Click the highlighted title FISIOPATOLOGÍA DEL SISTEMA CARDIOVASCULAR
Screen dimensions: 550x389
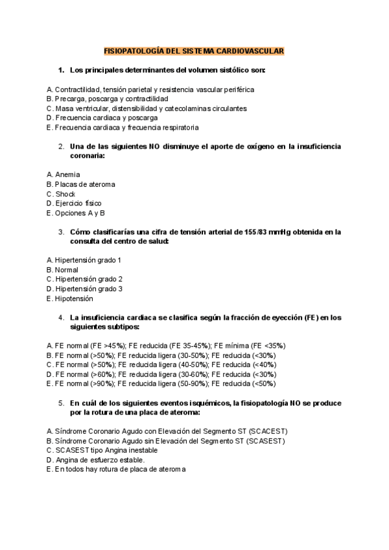(194, 51)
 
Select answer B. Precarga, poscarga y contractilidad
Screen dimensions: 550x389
(107, 99)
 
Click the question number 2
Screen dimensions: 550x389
(60, 147)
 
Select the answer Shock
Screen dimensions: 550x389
(61, 194)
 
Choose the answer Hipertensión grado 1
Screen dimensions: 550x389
(84, 260)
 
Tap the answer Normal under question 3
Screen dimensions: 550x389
(62, 270)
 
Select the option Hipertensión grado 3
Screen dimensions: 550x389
(84, 289)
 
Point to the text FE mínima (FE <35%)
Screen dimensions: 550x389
(249, 346)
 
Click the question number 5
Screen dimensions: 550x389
(60, 402)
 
